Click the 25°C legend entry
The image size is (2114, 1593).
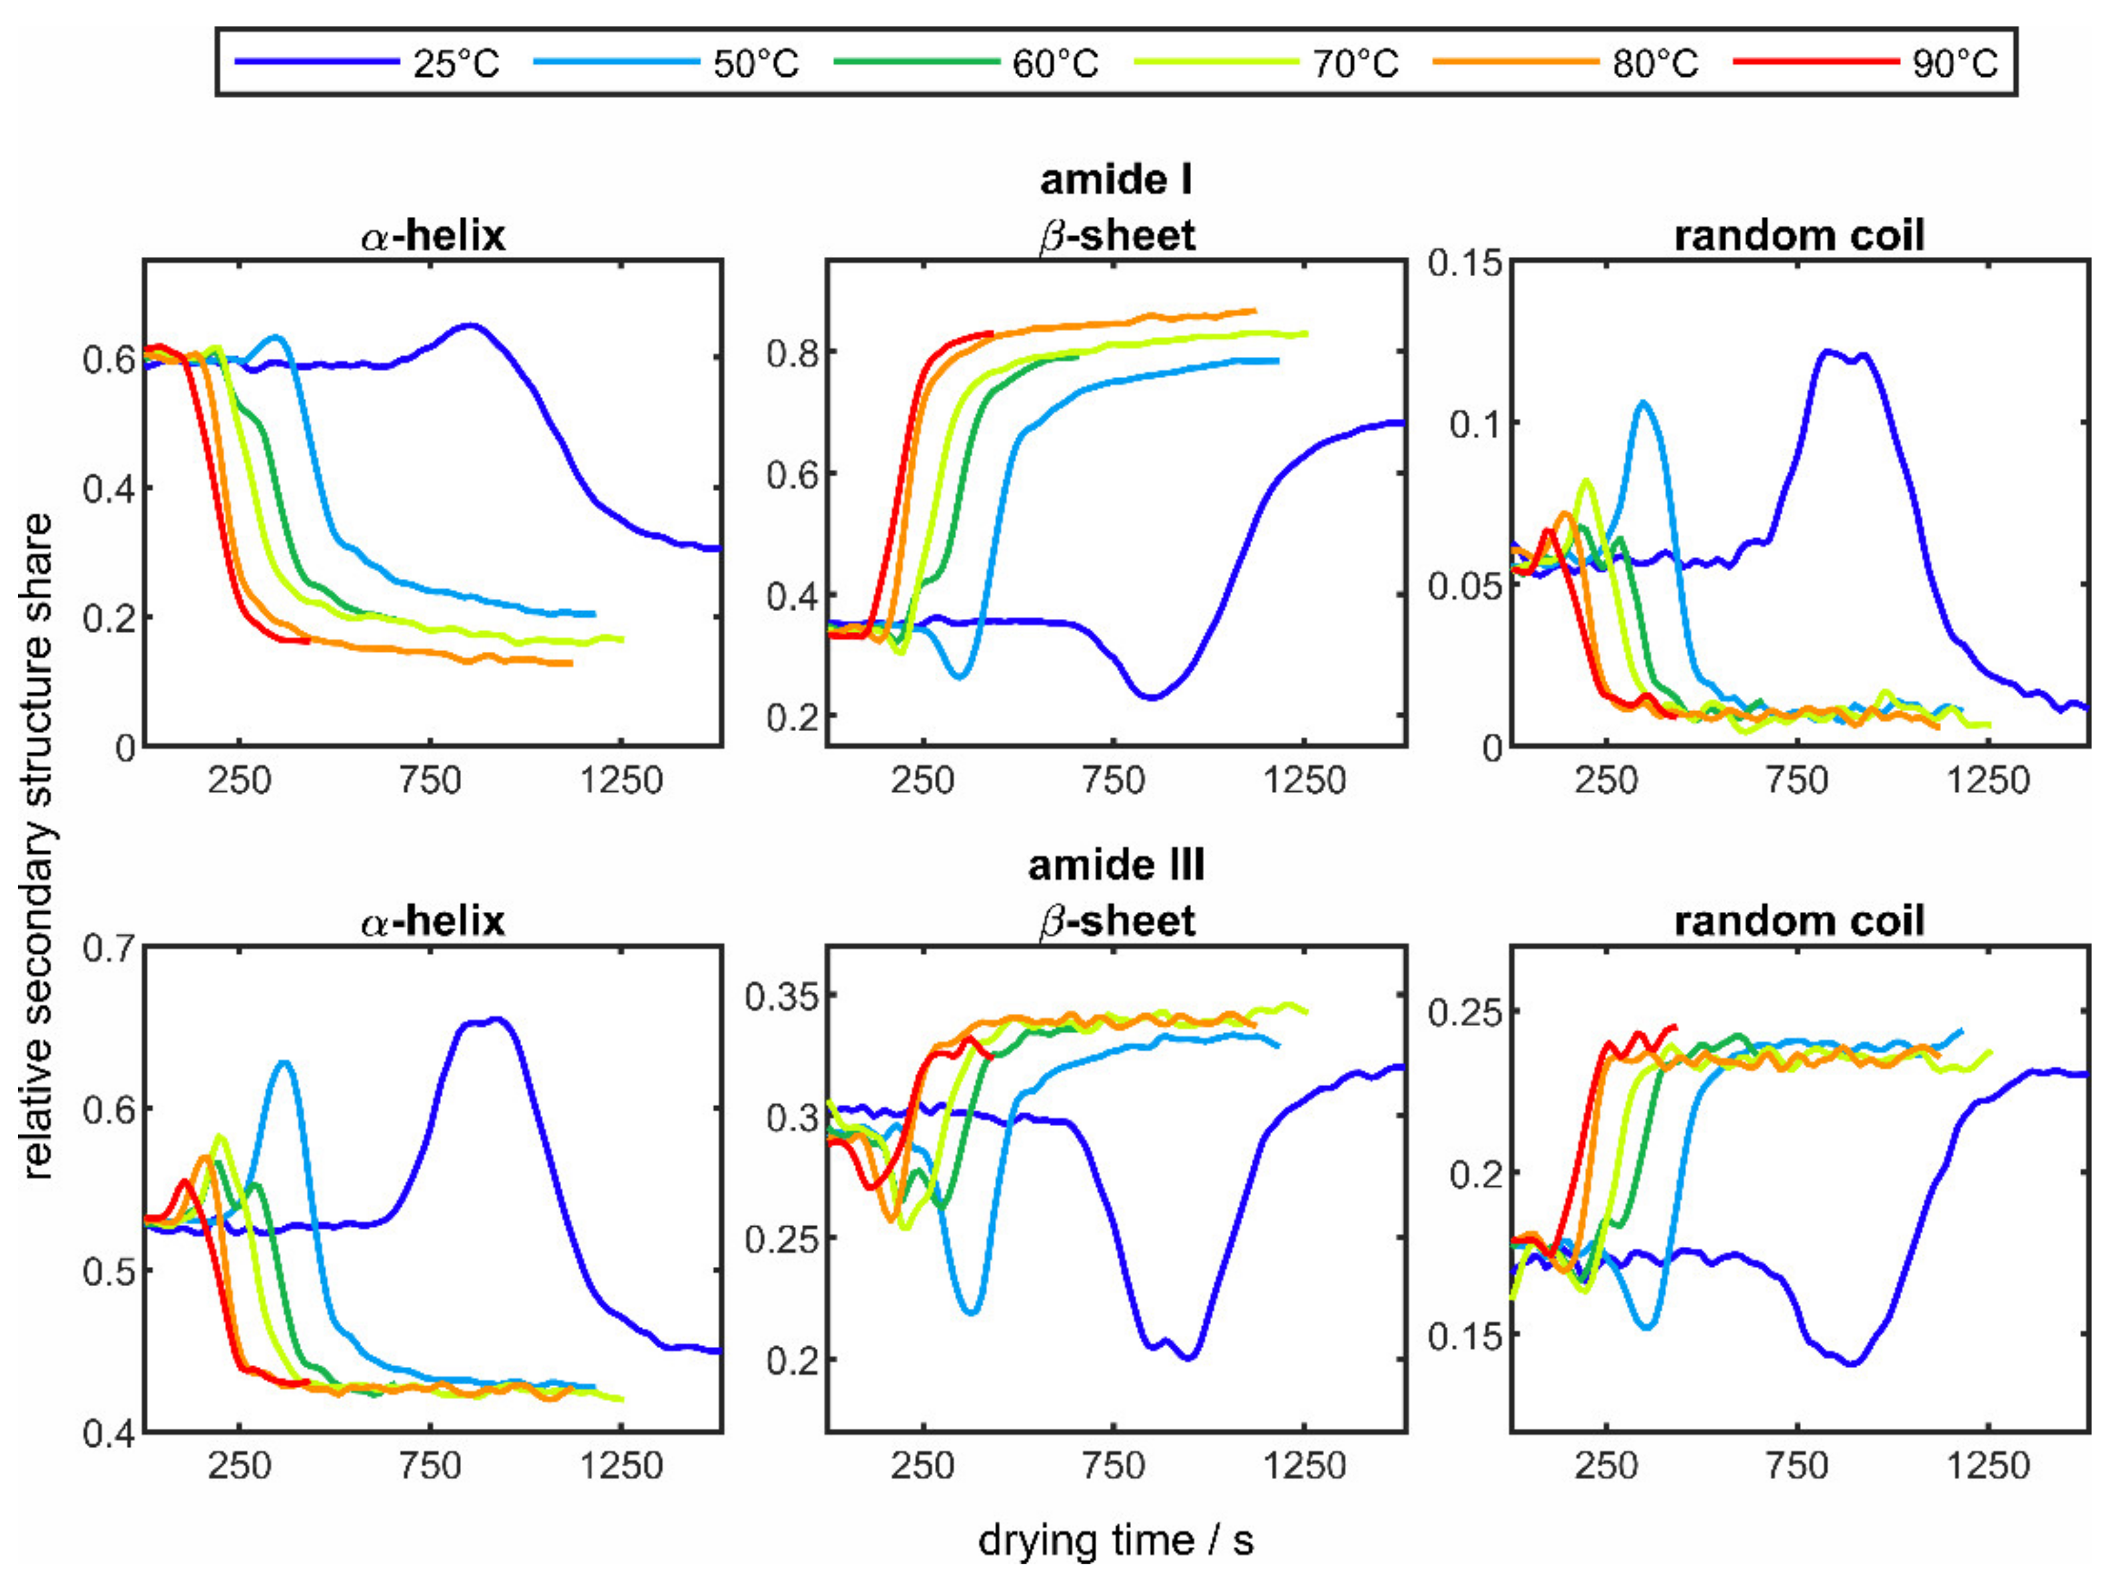455,64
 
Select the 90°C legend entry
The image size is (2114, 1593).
1955,64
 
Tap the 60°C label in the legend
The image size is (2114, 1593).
1055,64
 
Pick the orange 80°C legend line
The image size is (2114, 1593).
1515,62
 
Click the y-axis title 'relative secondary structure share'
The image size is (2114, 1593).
38,846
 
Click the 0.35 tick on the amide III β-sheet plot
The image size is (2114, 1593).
783,997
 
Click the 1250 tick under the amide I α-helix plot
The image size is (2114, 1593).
621,780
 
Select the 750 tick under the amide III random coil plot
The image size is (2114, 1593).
1797,1465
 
